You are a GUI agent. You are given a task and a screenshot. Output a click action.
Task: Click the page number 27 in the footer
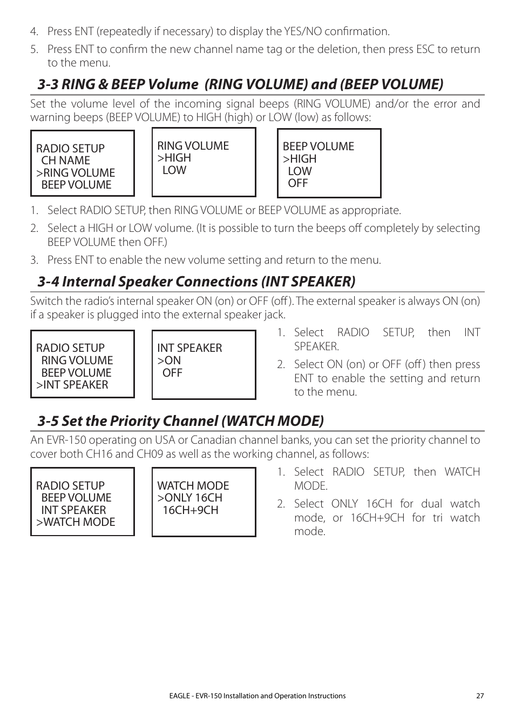point(479,696)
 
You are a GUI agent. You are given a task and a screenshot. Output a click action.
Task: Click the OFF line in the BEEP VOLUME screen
point(297,183)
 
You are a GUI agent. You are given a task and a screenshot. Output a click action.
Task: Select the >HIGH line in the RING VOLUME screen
point(174,158)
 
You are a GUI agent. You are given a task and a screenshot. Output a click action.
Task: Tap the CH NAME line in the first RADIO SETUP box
point(65,161)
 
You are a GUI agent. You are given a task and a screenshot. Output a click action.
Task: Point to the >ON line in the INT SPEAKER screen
point(169,360)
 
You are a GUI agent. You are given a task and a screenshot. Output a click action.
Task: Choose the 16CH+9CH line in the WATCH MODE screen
point(190,510)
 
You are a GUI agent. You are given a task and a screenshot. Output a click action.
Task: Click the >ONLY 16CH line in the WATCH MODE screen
point(189,498)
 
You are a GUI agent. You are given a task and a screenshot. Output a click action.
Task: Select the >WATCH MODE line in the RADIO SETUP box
point(76,522)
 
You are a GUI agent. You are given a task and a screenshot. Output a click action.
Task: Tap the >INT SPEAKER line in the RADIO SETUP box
point(72,385)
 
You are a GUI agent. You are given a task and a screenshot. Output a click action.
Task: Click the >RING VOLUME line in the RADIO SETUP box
point(76,173)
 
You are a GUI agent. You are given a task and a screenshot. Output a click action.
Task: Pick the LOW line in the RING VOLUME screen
point(174,170)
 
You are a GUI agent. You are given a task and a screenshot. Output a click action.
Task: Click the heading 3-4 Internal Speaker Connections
point(196,282)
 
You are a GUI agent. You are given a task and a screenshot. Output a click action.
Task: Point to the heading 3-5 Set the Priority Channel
point(181,421)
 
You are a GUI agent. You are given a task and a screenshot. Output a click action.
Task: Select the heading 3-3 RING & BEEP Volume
point(240,84)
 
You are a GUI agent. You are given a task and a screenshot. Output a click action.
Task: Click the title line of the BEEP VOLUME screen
point(318,146)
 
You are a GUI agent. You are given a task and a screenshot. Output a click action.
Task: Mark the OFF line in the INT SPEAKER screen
point(172,373)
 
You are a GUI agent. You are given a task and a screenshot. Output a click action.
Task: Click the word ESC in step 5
point(425,49)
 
